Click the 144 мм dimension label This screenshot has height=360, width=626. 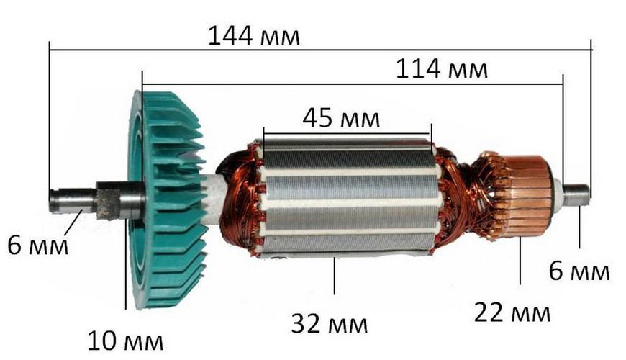(254, 36)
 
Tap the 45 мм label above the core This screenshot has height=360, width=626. (341, 119)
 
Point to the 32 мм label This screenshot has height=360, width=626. (330, 324)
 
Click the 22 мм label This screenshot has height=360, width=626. (512, 313)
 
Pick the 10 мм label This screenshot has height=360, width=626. (125, 341)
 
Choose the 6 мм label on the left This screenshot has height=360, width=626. (38, 245)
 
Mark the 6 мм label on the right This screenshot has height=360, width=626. (579, 271)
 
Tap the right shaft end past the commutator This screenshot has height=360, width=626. (577, 194)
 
